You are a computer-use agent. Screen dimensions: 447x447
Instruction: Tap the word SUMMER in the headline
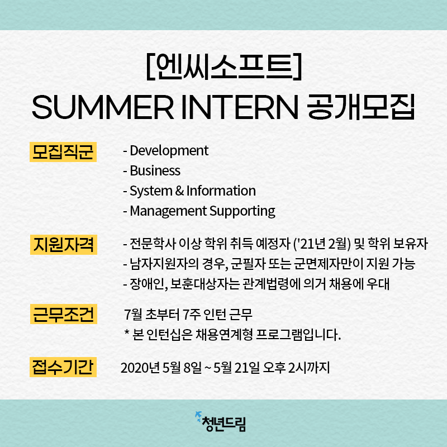pyautogui.click(x=103, y=107)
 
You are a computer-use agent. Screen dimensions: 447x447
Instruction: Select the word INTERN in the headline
pyautogui.click(x=240, y=107)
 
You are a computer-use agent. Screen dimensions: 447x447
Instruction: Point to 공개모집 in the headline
pyautogui.click(x=361, y=107)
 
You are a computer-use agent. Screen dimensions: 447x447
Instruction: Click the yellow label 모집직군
pyautogui.click(x=63, y=151)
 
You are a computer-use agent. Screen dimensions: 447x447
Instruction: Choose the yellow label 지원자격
pyautogui.click(x=64, y=245)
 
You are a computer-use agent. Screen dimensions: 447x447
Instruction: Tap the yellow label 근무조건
pyautogui.click(x=64, y=314)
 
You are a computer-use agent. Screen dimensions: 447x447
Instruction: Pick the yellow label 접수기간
pyautogui.click(x=63, y=367)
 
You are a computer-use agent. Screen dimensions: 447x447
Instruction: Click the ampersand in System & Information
pyautogui.click(x=179, y=191)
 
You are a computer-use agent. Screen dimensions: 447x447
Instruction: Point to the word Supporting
pyautogui.click(x=242, y=212)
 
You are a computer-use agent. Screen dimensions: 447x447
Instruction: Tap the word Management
pyautogui.click(x=168, y=212)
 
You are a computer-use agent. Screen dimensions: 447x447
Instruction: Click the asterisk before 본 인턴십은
pyautogui.click(x=127, y=332)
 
